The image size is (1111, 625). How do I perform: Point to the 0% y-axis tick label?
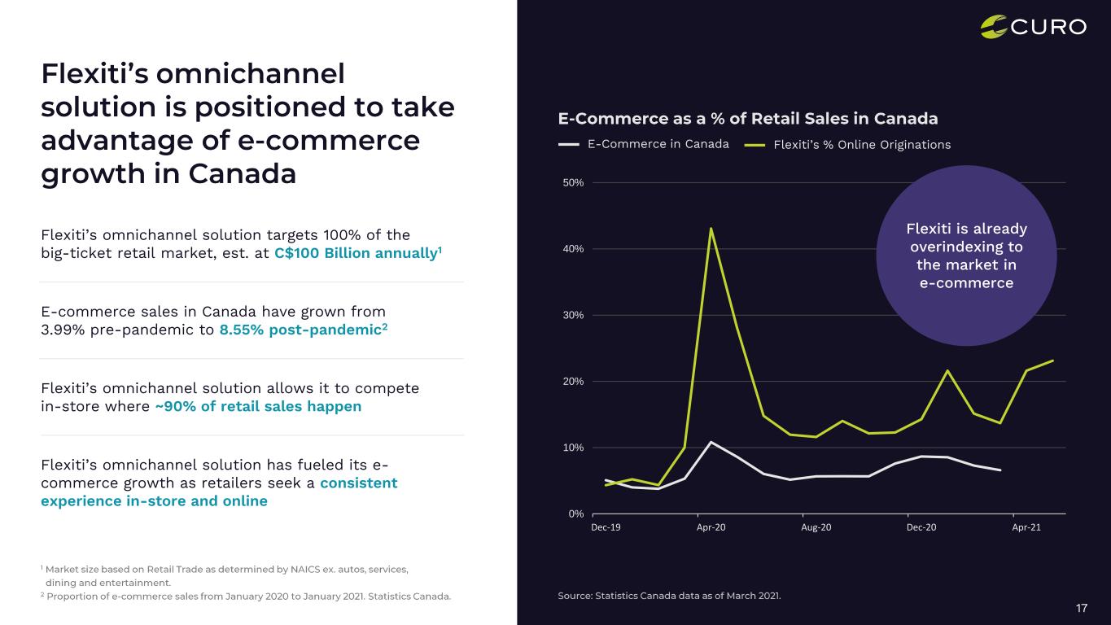coord(575,514)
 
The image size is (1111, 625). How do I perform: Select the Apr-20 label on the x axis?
coord(711,527)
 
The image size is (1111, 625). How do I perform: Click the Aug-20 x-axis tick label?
coord(816,527)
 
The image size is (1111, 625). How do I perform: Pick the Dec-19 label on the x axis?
coord(606,527)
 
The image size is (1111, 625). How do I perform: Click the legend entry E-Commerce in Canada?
coord(658,144)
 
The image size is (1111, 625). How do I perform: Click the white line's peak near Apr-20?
coord(711,442)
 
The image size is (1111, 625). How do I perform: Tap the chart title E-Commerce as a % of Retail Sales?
coord(747,119)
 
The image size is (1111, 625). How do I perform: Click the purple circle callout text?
coord(966,256)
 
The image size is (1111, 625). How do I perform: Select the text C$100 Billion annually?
coord(356,253)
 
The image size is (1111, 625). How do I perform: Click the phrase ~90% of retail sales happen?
coord(258,406)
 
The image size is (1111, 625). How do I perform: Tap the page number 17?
coord(1082,608)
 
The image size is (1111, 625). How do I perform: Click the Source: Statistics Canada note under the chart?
coord(668,596)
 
